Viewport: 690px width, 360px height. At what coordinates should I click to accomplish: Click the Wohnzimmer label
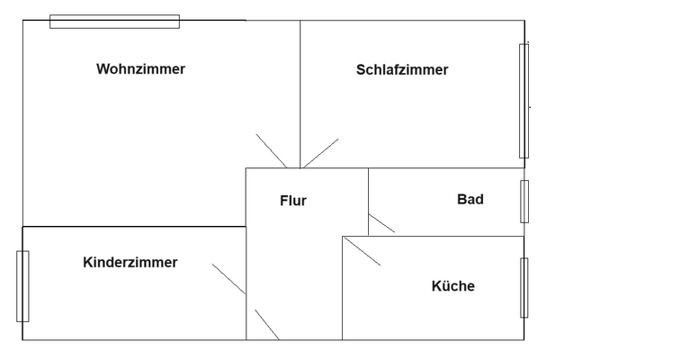[x=140, y=69]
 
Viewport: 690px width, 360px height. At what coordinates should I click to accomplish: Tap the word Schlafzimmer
[x=401, y=70]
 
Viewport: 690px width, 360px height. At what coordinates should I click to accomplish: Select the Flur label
[x=292, y=201]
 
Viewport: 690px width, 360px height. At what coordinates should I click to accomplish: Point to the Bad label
[x=470, y=199]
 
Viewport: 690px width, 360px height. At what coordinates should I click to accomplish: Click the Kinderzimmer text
[x=130, y=263]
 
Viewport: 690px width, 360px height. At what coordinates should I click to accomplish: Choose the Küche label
[x=453, y=286]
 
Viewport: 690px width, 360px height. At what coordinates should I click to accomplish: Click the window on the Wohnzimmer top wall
[x=114, y=22]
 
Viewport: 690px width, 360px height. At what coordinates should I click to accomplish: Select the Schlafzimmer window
[x=524, y=101]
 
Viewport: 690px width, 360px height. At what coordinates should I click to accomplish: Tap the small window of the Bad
[x=524, y=202]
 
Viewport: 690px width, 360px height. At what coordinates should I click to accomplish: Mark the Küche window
[x=524, y=288]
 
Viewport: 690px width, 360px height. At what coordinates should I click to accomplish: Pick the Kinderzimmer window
[x=22, y=286]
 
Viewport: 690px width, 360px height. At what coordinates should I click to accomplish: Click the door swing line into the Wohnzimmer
[x=271, y=150]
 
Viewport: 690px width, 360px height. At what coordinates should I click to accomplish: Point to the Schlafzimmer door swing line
[x=320, y=153]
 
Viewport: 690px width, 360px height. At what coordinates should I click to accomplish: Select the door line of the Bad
[x=381, y=223]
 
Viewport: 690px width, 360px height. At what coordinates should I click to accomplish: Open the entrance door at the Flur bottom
[x=266, y=324]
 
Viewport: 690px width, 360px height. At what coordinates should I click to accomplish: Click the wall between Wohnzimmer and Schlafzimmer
[x=300, y=90]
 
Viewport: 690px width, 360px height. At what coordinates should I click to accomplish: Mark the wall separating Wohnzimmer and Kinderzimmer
[x=135, y=227]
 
